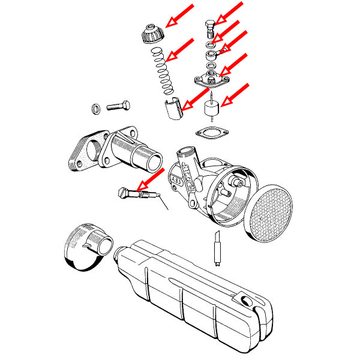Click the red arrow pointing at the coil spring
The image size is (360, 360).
pyautogui.click(x=180, y=50)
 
